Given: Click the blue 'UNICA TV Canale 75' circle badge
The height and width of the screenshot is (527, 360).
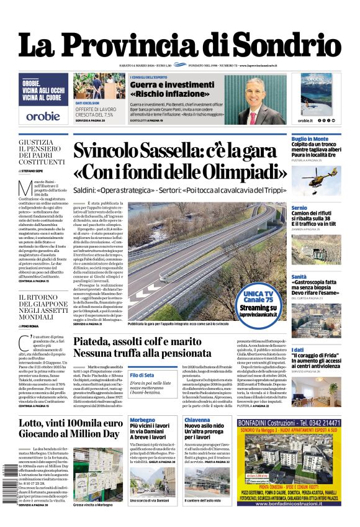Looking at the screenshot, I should click(259, 298).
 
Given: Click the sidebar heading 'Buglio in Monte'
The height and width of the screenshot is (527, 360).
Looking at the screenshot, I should click(310, 138).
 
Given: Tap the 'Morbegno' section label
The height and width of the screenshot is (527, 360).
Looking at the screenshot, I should click(143, 420).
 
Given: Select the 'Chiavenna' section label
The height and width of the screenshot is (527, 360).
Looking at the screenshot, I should click(198, 420).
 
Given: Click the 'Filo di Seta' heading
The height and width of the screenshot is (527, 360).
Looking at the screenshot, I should click(143, 375).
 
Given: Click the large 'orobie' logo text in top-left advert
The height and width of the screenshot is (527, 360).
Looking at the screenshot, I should click(43, 115).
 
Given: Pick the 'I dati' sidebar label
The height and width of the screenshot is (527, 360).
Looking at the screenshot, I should click(298, 349).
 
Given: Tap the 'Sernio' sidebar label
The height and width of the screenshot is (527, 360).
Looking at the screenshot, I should click(299, 207).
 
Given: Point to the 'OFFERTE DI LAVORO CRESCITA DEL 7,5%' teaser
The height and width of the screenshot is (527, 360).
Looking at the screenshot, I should click(95, 112).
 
